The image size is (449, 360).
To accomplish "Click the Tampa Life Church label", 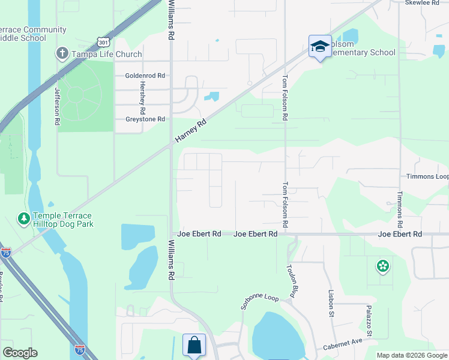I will pos(107,54).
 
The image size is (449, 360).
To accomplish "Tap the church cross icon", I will pos(62,54).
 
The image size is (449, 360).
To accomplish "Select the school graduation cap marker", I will pos(320,46).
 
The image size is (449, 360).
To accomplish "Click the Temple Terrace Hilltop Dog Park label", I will pos(62,220).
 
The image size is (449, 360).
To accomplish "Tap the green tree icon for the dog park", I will pos(24,219).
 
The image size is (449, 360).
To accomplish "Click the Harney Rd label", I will pos(191,131).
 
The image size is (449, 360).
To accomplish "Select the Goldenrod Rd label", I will pos(145,76).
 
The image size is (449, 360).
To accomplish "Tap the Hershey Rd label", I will pos(142,97).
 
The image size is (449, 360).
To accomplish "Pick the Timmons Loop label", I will pos(427,177).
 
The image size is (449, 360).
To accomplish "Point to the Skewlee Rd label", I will pos(422,3).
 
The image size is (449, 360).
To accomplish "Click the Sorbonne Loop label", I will pos(260,301).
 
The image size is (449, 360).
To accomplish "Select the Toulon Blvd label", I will pos(295,280).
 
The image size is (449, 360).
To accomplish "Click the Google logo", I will pos(20,353).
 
